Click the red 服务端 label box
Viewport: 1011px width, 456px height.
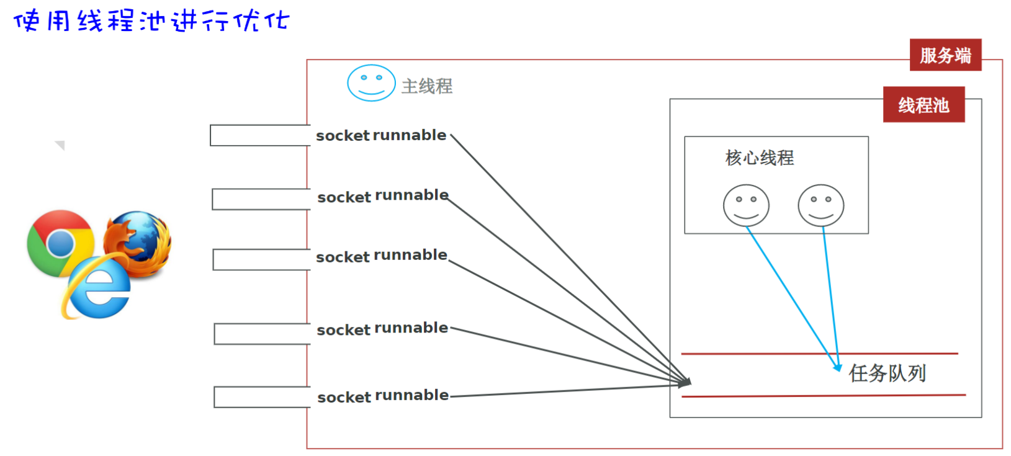tap(945, 55)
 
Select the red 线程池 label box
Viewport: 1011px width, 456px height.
tap(923, 105)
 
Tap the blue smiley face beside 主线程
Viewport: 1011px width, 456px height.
tap(371, 83)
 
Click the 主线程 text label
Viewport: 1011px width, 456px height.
tap(427, 86)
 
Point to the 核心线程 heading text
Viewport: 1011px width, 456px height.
tap(759, 158)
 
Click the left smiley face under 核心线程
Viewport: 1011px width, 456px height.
tap(746, 205)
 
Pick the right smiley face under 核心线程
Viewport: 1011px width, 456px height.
tap(820, 205)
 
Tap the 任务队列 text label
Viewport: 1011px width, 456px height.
tap(887, 373)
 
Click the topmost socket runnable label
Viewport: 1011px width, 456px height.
tap(381, 135)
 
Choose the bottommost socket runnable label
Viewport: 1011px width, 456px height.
tap(383, 396)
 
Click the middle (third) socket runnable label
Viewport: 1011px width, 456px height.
tap(382, 256)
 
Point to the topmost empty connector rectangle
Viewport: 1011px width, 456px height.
tap(259, 135)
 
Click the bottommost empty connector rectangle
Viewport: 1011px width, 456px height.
tap(262, 397)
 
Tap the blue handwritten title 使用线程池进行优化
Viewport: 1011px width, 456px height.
tap(151, 21)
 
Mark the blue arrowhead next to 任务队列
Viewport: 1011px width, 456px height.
tap(837, 367)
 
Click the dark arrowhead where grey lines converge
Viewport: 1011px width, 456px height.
tap(685, 383)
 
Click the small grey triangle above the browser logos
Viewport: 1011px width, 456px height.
tap(60, 145)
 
